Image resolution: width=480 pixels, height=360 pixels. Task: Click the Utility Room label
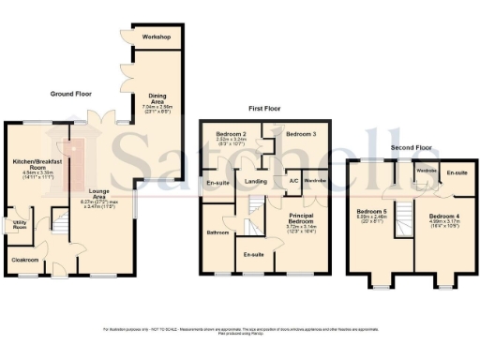pos(19,225)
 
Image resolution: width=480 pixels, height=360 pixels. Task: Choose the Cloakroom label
pos(25,259)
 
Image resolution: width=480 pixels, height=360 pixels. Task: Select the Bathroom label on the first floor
pos(218,232)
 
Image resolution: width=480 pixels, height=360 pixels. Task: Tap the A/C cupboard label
pos(292,181)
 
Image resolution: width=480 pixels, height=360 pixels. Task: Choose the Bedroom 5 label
pos(370,214)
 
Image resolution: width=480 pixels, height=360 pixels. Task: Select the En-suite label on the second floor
pos(457,173)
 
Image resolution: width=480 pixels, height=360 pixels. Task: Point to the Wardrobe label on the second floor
pos(427,171)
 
